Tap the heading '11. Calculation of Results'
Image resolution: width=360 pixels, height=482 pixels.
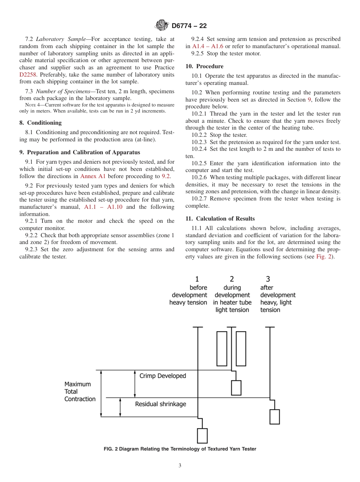(220, 219)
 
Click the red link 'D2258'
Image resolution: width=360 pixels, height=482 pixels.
(28, 75)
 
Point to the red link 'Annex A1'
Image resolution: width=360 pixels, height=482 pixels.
(93, 176)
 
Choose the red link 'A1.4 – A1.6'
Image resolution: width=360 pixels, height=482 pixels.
(208, 46)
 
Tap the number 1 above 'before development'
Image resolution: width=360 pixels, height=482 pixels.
(197, 279)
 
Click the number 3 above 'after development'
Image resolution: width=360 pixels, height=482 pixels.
(268, 279)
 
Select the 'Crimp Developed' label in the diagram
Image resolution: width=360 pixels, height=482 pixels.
(163, 376)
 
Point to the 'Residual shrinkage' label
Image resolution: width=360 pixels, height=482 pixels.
(160, 404)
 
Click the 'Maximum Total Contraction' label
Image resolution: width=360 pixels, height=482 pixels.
(80, 391)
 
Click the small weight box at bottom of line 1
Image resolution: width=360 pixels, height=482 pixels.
(202, 435)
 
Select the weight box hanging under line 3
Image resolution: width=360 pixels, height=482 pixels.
(274, 416)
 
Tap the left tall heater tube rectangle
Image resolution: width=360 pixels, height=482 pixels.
(222, 349)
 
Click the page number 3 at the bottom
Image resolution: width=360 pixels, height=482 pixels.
(180, 466)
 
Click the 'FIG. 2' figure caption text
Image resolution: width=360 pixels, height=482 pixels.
(180, 449)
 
